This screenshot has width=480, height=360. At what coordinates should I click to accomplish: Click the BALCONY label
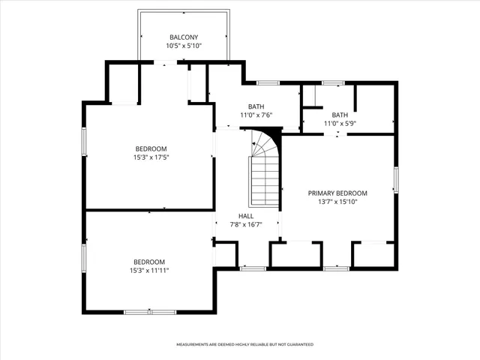(184, 37)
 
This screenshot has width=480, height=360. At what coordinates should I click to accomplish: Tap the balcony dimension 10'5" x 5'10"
(184, 46)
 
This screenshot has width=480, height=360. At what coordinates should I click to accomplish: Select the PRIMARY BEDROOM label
(337, 193)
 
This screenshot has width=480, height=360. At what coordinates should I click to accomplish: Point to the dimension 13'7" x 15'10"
(337, 201)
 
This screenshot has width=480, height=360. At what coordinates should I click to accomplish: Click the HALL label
(246, 215)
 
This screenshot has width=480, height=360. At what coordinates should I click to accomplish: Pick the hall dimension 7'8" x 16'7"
(246, 223)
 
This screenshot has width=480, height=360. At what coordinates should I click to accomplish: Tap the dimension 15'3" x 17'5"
(151, 157)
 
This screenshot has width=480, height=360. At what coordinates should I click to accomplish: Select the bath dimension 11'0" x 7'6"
(256, 115)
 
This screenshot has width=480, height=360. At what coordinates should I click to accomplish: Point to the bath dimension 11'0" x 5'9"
(340, 123)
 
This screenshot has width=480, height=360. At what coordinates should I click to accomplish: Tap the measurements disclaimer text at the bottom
(244, 344)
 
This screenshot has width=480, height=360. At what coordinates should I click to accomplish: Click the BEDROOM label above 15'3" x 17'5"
(151, 148)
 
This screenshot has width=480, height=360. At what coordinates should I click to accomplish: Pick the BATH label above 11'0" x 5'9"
(340, 115)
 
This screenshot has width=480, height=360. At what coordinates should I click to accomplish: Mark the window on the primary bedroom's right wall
(395, 180)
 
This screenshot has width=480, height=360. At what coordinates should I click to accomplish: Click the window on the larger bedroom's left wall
(84, 142)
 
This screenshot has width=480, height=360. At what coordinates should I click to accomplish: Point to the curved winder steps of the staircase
(264, 142)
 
